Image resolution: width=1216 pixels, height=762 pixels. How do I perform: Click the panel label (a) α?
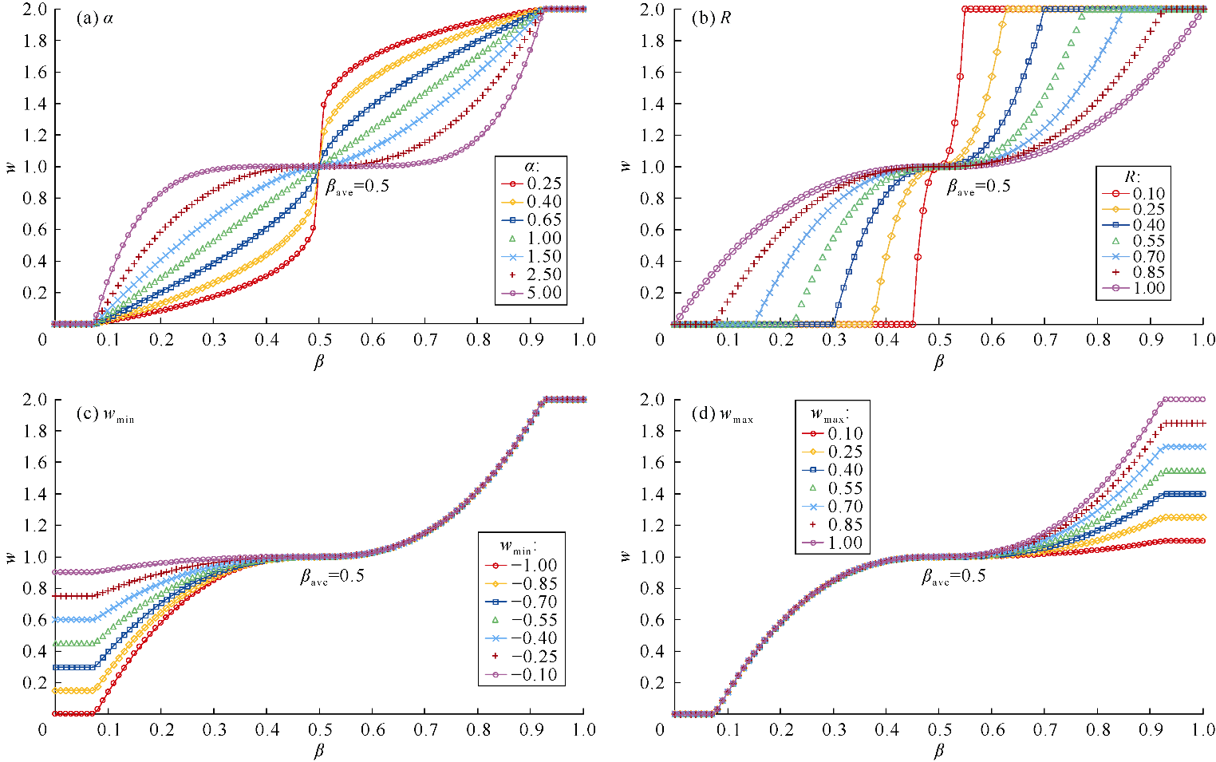(x=94, y=18)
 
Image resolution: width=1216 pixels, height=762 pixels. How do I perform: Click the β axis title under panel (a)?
(x=319, y=361)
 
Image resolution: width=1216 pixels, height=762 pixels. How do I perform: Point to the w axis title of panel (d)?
(x=626, y=556)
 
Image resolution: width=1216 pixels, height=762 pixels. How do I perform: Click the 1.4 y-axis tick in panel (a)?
(x=35, y=104)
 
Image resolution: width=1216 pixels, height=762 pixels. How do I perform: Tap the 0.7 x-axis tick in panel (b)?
(x=1044, y=340)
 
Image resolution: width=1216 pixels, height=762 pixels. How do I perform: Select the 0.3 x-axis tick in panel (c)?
(x=214, y=730)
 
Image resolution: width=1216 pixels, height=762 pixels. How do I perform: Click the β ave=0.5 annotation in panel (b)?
(x=978, y=187)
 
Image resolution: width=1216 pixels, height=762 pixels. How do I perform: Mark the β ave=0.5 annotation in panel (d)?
(x=953, y=576)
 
